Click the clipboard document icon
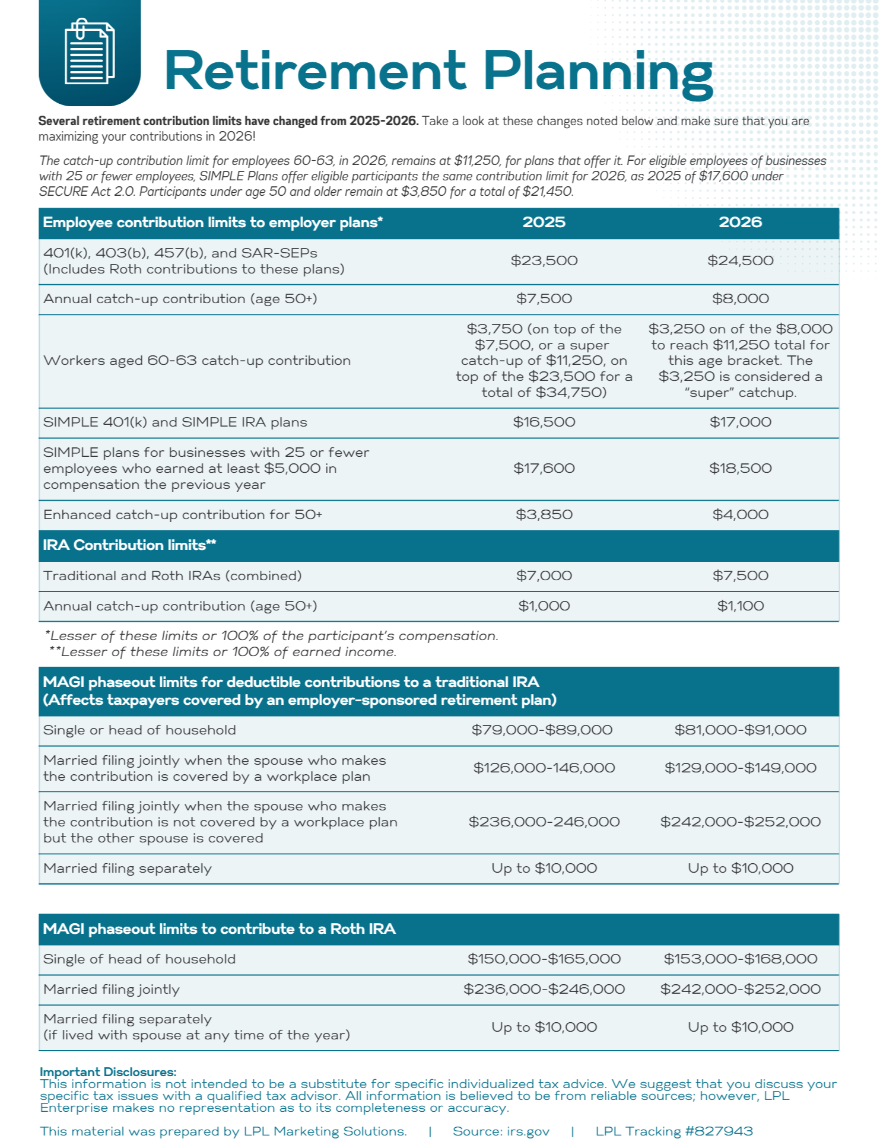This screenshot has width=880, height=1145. point(90,52)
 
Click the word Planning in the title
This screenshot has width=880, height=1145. point(598,72)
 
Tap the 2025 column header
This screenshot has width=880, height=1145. point(544,222)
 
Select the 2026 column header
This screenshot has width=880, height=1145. point(740,222)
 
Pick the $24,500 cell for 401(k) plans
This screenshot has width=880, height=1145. point(740,261)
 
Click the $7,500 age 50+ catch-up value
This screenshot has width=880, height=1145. point(544,299)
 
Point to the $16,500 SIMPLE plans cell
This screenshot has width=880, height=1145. point(544,422)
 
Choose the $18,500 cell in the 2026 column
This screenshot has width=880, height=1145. point(740,469)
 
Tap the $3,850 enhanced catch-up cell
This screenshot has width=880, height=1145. point(544,515)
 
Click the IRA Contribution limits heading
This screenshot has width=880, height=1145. point(129,545)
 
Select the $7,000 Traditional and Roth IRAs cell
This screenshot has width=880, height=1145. point(544,576)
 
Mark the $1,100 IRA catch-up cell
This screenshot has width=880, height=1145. point(740,606)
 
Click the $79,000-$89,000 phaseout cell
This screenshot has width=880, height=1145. point(542,730)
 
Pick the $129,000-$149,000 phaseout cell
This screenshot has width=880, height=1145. point(740,768)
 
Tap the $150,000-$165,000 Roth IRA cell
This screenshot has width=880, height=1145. point(544,959)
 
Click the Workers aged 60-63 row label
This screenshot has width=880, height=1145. point(197,361)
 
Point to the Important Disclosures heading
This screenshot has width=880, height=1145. point(108,1072)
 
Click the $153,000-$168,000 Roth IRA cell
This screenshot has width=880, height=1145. point(740,959)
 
